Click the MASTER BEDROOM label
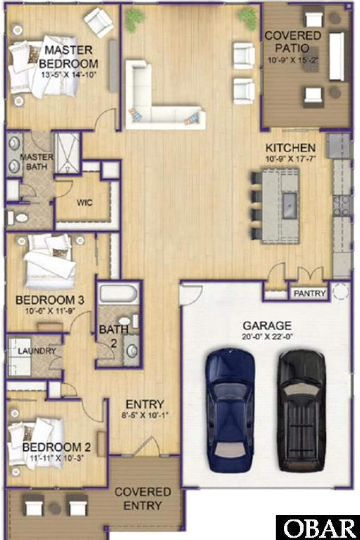[x=69, y=57]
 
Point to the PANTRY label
[x=310, y=294]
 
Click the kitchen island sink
[x=289, y=205]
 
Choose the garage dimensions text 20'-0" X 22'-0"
[x=267, y=336]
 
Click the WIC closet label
[x=84, y=202]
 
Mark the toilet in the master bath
[x=18, y=218]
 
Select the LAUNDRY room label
[x=37, y=351]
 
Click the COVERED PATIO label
[x=293, y=42]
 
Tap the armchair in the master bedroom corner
[x=99, y=20]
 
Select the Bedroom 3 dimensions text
[x=51, y=311]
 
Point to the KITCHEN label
[x=290, y=148]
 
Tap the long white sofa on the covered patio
[x=336, y=57]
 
